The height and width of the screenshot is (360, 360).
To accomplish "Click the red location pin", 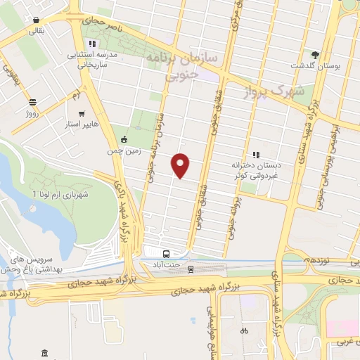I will pos(181,165).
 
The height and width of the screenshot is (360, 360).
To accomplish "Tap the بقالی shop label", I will pos(35,31).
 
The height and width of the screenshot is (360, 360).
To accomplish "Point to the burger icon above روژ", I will pos(32,101).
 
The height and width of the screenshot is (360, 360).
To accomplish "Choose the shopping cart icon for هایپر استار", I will pos(82,113).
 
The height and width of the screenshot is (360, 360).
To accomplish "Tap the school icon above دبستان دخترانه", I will pos(255,154).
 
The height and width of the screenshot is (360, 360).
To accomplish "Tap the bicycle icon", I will pos(244,330).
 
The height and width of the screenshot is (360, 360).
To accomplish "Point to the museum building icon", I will pos(45,352).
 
